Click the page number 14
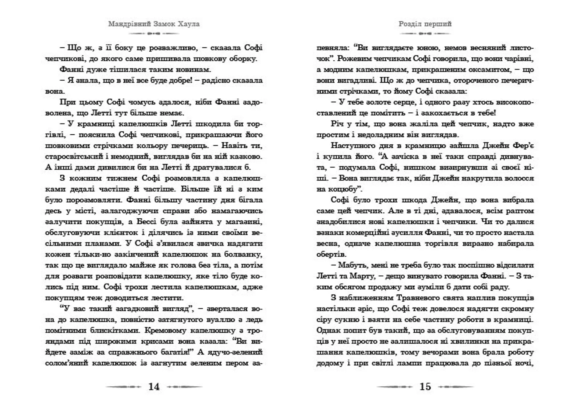154,387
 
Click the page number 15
425,387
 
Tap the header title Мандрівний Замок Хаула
154,24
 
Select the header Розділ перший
425,24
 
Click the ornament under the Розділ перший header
425,34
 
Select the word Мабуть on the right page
350,265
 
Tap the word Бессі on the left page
147,222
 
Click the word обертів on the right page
331,254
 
